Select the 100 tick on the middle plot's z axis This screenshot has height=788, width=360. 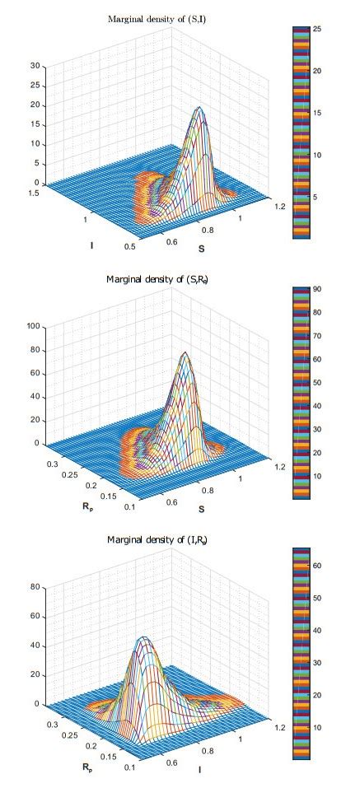coord(34,326)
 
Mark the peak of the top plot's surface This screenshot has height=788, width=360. coord(199,108)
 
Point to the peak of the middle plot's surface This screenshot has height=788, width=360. coord(186,353)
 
